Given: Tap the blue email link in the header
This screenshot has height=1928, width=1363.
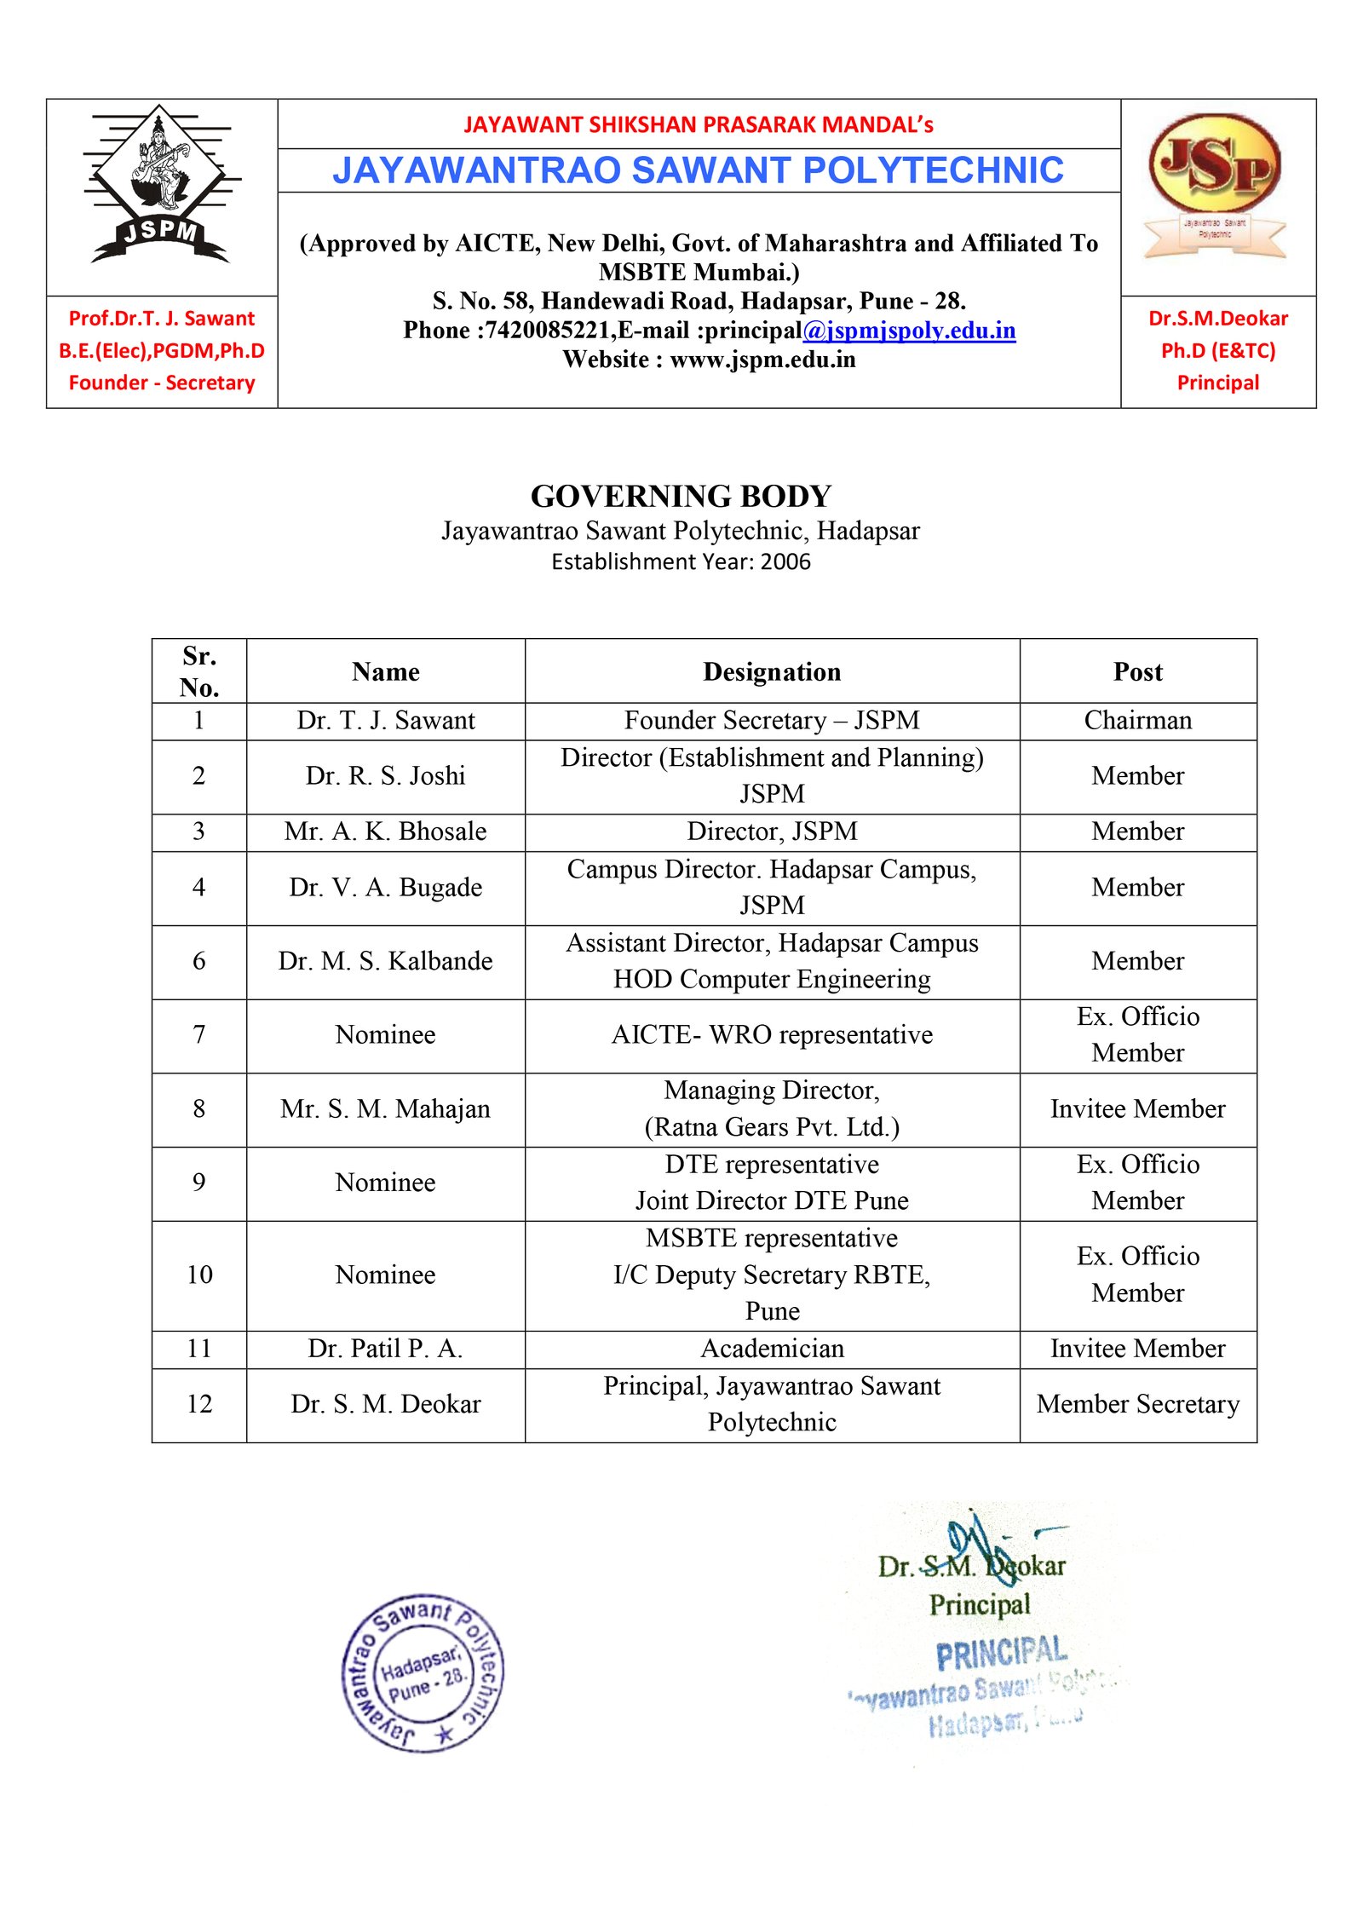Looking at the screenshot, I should click(x=908, y=331).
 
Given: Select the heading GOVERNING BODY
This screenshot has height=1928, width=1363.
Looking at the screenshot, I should click(x=681, y=496).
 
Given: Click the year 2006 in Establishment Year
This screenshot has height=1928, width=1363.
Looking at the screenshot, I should click(x=785, y=562).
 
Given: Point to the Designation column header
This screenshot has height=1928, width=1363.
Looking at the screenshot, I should click(x=772, y=672).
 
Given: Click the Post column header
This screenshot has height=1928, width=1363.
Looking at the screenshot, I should click(x=1137, y=672).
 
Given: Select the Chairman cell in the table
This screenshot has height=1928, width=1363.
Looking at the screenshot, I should click(x=1137, y=721).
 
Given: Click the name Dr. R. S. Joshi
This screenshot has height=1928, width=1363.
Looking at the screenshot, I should click(x=385, y=776).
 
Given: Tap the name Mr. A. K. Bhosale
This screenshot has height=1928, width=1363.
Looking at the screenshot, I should click(x=385, y=832).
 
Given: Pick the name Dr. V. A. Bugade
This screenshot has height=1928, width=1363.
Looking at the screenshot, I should click(x=385, y=888).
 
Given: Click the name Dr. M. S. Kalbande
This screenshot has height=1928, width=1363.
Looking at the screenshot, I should click(x=385, y=961).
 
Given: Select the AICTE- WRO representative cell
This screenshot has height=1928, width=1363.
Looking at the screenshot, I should click(x=772, y=1035).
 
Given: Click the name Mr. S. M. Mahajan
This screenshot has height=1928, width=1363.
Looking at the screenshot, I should click(x=385, y=1109).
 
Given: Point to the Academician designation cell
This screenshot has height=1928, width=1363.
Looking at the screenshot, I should click(x=772, y=1349).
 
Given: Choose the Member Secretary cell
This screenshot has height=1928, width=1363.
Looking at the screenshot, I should click(x=1137, y=1404).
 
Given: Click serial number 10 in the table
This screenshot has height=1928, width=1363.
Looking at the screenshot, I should click(x=199, y=1275).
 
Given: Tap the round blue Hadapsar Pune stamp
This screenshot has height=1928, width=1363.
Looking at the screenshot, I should click(x=423, y=1672).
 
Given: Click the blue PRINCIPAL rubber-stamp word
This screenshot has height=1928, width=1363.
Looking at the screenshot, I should click(x=1001, y=1653).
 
